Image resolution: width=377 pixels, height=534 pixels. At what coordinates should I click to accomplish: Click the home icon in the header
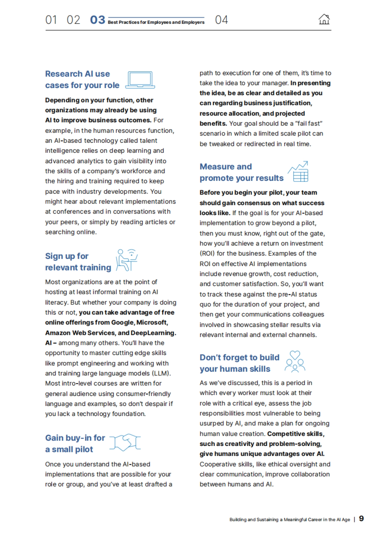point(324,19)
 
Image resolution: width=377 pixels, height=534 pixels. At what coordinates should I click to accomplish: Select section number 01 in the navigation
point(51,20)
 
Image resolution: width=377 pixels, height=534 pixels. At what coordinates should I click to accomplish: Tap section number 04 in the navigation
point(221,20)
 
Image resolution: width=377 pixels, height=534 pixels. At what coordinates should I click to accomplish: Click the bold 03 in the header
point(97,20)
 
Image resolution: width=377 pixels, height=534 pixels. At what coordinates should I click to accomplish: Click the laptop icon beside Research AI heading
point(140,80)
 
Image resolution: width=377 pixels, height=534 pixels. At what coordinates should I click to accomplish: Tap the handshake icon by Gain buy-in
point(125,442)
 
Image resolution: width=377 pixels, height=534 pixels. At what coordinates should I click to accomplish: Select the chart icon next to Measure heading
point(298,172)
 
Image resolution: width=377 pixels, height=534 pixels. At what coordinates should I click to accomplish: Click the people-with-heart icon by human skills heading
point(295,362)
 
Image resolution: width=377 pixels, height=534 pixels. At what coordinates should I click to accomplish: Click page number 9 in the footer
point(361,519)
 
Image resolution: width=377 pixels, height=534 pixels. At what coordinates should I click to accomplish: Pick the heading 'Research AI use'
point(78,74)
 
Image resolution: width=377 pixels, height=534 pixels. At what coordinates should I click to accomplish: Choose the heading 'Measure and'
point(226,167)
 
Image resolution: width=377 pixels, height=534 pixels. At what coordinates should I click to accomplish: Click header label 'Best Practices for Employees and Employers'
point(156,22)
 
